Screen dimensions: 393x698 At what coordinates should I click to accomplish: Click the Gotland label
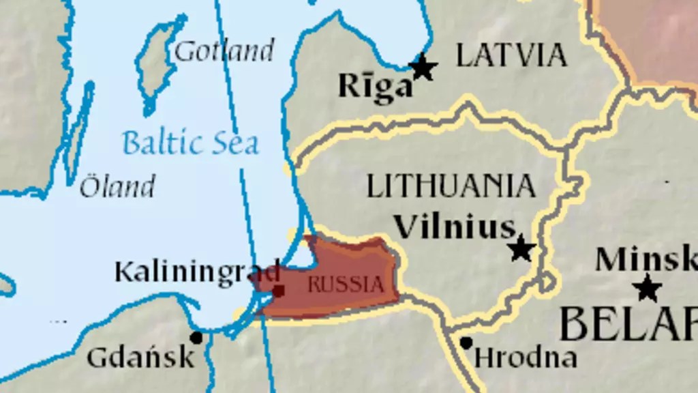tap(224, 51)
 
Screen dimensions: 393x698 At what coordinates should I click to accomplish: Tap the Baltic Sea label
tap(190, 143)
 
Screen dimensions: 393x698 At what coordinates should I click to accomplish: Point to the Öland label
tap(117, 186)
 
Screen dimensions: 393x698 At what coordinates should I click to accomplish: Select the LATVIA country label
tap(511, 55)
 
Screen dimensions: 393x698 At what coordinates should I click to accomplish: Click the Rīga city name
tap(376, 87)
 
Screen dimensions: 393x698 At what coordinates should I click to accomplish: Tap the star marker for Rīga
tap(423, 67)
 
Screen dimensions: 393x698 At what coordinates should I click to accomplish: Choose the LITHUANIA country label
tap(451, 186)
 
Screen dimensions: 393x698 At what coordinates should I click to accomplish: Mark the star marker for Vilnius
tap(521, 248)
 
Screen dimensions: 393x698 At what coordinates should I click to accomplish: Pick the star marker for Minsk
tap(647, 288)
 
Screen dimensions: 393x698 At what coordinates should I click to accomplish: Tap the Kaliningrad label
tap(197, 271)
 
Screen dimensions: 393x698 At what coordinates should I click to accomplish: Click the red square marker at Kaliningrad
tap(278, 291)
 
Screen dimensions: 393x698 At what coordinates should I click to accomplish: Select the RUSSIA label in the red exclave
tap(346, 284)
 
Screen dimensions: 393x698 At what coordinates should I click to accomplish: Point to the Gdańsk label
tap(140, 357)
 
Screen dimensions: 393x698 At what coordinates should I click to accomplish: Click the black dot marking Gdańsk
tap(196, 337)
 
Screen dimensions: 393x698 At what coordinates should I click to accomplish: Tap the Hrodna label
tap(526, 357)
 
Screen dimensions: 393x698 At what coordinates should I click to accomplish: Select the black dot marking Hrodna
tap(466, 343)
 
